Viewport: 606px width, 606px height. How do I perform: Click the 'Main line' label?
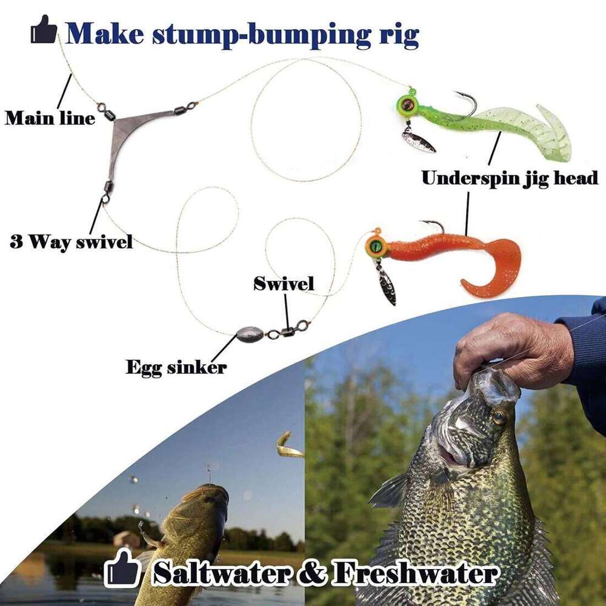click(x=50, y=118)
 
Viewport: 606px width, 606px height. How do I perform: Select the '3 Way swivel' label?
click(x=71, y=243)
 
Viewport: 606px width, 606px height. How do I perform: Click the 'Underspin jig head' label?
click(x=510, y=178)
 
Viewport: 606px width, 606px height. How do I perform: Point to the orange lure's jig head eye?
click(x=376, y=245)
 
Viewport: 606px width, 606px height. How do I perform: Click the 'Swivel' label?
click(x=284, y=283)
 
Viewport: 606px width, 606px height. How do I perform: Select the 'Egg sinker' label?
click(x=176, y=367)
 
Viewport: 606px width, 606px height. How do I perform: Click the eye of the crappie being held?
click(x=499, y=418)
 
